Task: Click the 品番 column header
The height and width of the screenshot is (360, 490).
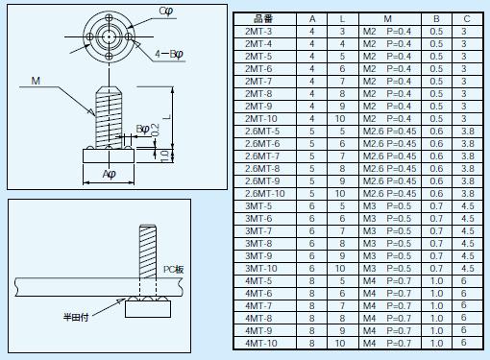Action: (263, 19)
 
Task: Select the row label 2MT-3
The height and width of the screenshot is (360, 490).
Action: (258, 32)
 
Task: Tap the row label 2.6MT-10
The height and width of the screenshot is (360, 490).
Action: (264, 194)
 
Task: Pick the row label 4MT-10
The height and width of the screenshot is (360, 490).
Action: (260, 344)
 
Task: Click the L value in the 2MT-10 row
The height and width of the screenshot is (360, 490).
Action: (340, 119)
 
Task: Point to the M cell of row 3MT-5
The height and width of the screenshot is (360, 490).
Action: (387, 206)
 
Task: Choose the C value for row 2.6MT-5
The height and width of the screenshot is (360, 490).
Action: (467, 132)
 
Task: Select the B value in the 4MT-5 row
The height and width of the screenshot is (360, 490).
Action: (436, 281)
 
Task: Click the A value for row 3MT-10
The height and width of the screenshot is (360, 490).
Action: (311, 269)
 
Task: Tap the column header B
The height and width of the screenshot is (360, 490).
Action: (436, 19)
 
